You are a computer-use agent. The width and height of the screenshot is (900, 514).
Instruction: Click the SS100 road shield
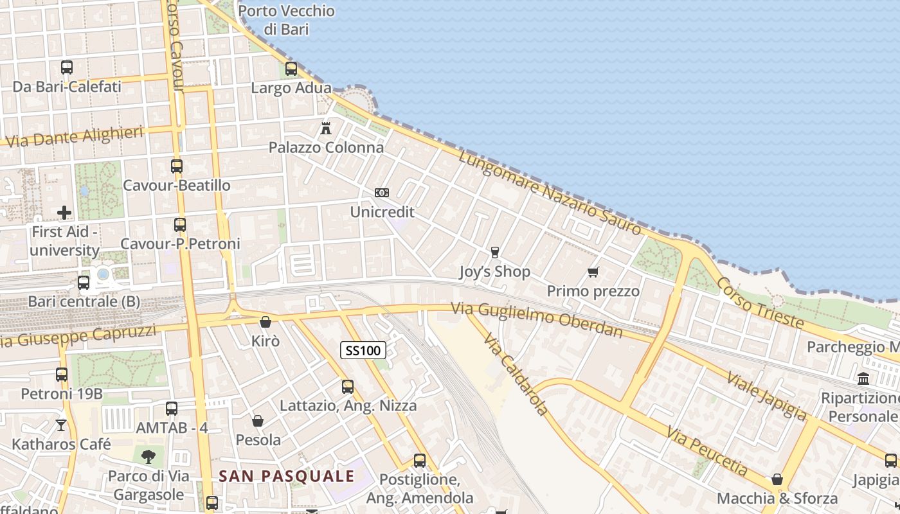(x=363, y=350)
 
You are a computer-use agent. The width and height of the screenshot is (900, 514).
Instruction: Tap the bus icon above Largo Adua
(x=291, y=69)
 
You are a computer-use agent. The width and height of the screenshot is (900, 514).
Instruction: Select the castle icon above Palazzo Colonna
(x=326, y=128)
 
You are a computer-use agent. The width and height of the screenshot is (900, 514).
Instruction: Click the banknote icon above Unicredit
(x=382, y=193)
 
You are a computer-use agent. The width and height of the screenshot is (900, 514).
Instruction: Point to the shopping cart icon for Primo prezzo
(x=593, y=272)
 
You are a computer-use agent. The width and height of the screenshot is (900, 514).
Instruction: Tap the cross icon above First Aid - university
(x=64, y=212)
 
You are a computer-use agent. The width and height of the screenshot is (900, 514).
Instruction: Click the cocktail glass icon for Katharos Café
(x=61, y=425)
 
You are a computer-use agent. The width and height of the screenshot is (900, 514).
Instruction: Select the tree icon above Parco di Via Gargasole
(x=148, y=457)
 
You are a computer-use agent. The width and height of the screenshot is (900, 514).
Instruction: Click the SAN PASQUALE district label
(x=287, y=476)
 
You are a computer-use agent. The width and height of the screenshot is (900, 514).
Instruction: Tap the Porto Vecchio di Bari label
(x=287, y=20)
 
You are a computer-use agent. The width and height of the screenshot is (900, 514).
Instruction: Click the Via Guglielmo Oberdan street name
(x=537, y=319)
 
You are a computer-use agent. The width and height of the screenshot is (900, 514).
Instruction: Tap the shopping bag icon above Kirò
(x=265, y=322)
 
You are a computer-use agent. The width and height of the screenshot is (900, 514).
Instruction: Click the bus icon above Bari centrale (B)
(x=84, y=282)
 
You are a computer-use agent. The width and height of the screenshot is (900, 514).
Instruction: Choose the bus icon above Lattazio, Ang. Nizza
(x=348, y=386)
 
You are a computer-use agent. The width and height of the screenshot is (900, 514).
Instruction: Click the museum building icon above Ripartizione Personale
(x=863, y=378)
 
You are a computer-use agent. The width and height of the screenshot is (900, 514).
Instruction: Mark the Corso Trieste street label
(x=760, y=303)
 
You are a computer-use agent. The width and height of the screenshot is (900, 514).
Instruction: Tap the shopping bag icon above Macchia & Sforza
(x=777, y=479)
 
